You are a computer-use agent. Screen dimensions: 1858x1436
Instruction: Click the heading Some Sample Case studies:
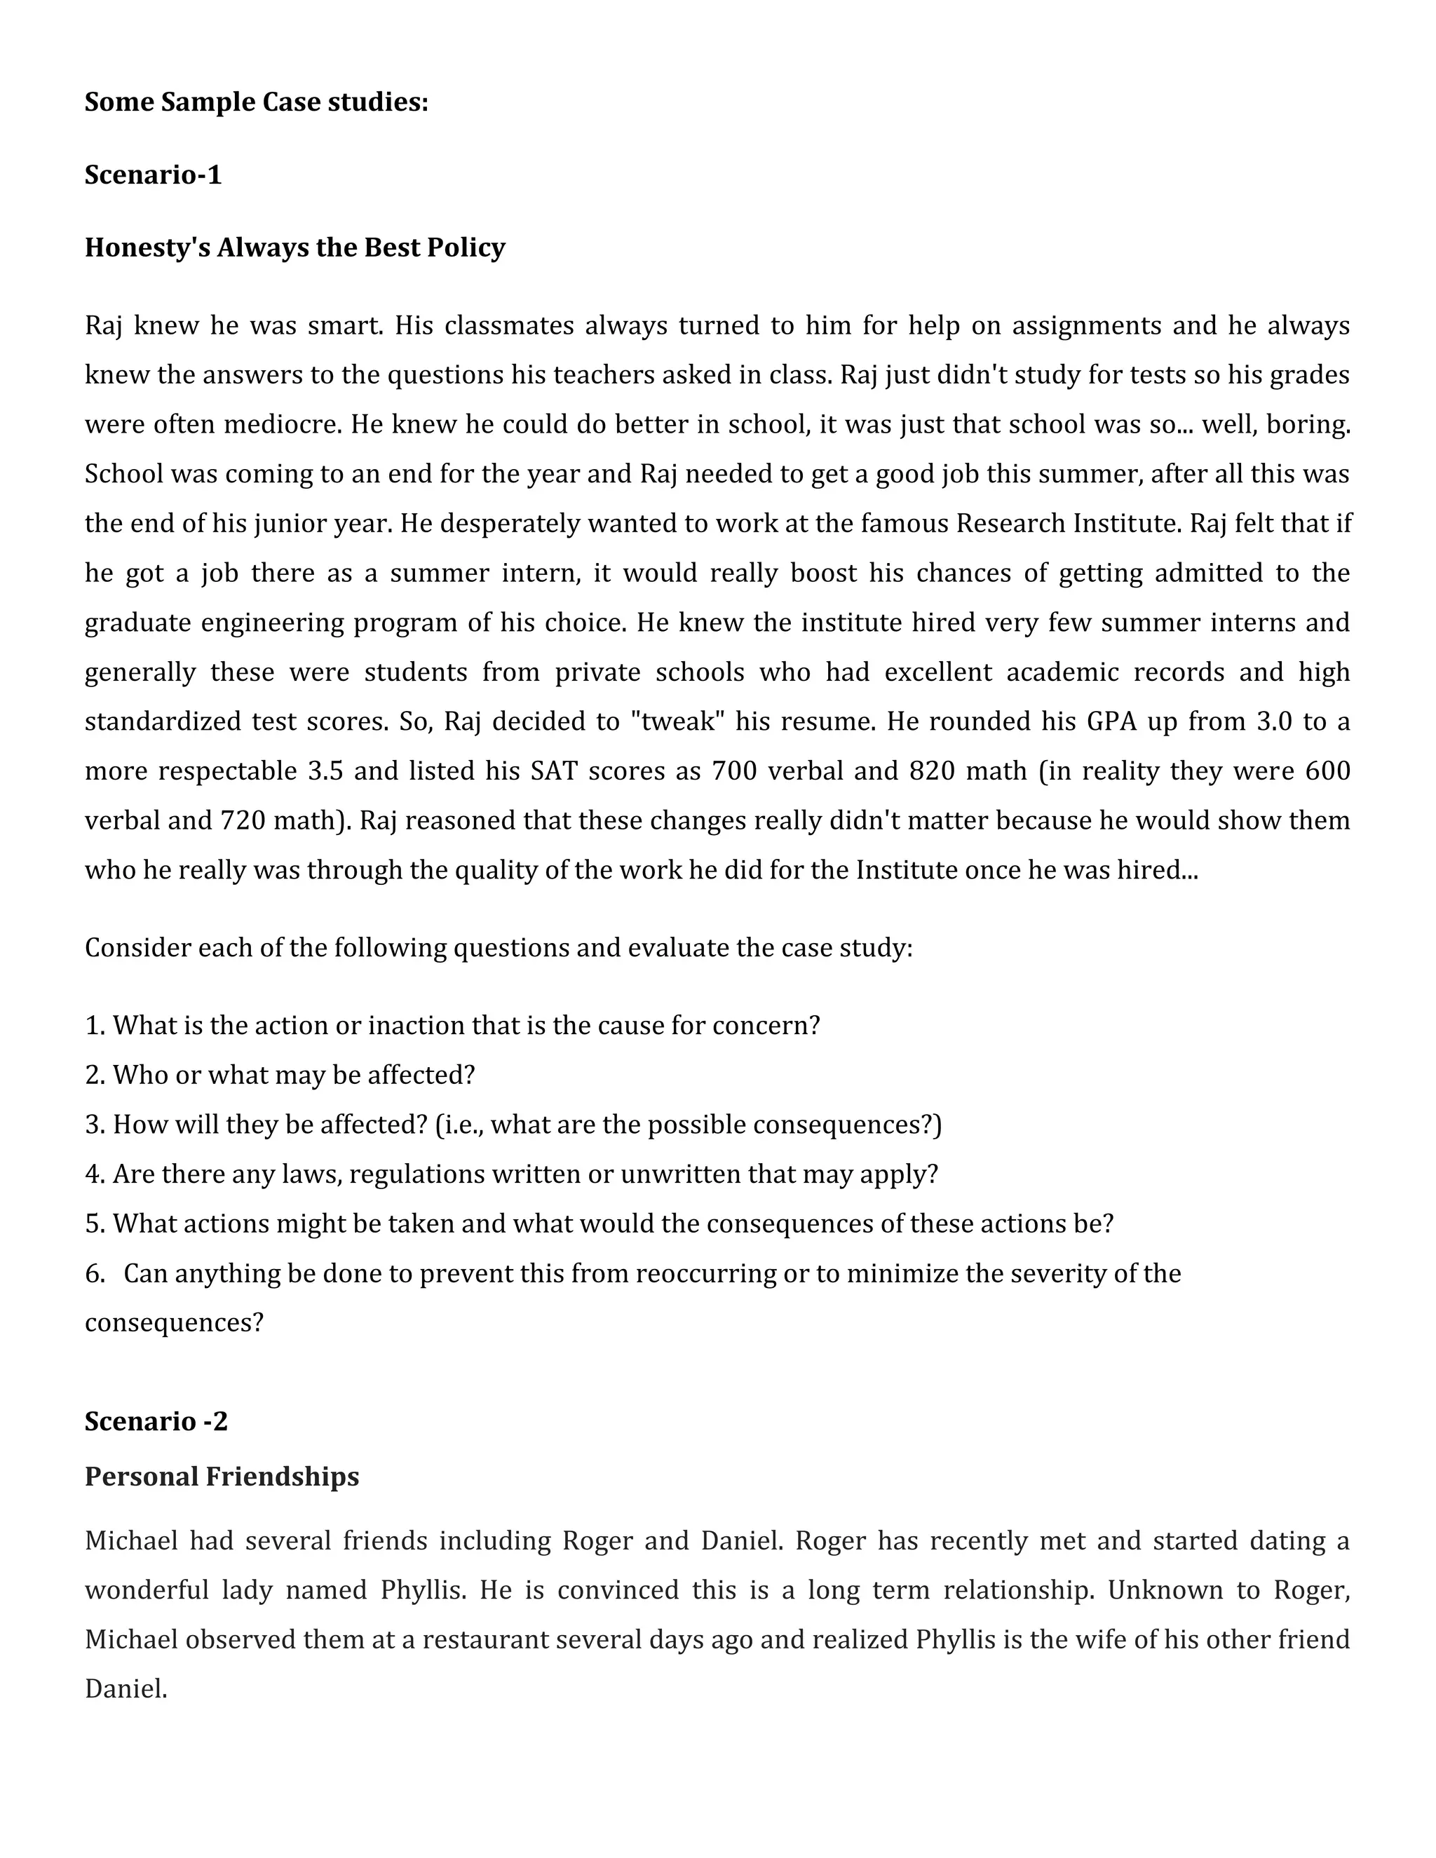(256, 102)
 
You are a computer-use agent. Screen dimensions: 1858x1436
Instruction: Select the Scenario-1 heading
(153, 175)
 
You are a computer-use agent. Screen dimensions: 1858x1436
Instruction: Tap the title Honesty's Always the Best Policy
(294, 247)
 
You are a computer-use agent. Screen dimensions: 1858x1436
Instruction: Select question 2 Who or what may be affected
(280, 1076)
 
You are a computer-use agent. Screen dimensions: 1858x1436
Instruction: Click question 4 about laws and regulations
(510, 1174)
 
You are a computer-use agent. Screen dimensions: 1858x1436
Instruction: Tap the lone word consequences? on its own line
(175, 1323)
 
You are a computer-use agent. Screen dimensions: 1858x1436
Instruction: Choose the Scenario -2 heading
(156, 1422)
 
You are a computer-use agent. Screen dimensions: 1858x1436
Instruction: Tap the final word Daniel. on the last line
(126, 1689)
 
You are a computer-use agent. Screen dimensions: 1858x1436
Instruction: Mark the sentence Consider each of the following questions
(499, 948)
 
